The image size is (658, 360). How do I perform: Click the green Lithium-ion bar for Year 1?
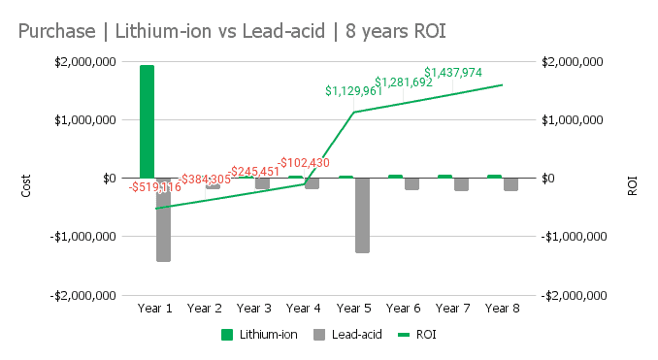click(x=147, y=121)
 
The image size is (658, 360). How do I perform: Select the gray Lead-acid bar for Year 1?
click(x=163, y=219)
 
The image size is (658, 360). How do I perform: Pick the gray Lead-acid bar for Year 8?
click(x=510, y=184)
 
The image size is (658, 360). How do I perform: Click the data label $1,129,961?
click(x=354, y=91)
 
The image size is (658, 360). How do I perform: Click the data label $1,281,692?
click(x=404, y=82)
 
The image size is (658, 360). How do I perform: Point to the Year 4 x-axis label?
click(x=304, y=309)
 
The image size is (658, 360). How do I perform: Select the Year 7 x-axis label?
click(x=452, y=309)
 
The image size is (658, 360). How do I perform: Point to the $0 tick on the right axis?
click(x=549, y=178)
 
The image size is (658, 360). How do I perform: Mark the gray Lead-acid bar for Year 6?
click(x=411, y=183)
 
